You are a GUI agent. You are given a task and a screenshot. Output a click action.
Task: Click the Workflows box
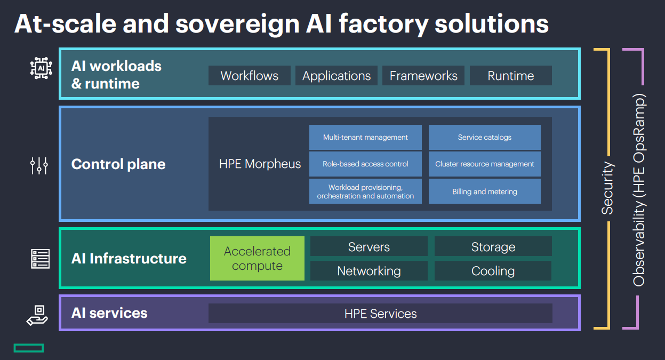249,76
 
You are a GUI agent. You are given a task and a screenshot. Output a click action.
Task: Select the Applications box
336,76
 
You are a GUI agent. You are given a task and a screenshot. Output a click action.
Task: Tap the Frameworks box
423,76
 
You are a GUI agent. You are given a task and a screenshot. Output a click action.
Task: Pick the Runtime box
510,76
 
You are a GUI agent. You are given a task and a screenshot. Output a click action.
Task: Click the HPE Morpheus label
260,164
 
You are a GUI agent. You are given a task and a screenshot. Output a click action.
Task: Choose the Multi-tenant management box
365,138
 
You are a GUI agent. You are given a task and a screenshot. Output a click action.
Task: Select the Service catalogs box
484,138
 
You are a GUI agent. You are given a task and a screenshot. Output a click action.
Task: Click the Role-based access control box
365,164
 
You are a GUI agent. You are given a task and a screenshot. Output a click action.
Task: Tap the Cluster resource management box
484,164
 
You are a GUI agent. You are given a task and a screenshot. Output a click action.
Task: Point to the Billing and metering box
484,191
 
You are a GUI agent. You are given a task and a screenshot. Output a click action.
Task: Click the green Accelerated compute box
257,258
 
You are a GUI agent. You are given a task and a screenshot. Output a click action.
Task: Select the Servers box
368,247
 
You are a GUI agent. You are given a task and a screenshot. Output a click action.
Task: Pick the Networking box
368,271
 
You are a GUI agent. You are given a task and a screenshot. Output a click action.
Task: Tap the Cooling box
493,271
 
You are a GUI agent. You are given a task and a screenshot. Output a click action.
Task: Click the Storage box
493,247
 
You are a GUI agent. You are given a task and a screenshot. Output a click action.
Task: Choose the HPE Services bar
380,314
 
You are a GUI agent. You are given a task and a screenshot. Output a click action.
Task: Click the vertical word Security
608,188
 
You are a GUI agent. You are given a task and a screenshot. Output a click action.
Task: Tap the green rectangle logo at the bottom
29,348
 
